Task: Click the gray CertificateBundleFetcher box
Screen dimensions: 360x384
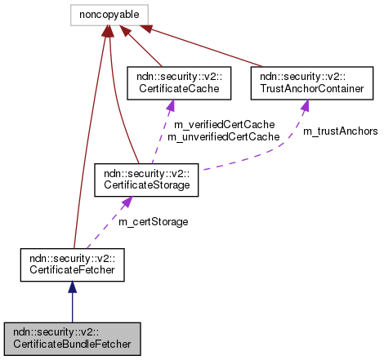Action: [72, 338]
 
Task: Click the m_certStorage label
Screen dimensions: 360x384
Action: [153, 222]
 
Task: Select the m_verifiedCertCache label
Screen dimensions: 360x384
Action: [223, 125]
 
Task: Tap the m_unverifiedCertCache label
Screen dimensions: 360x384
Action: [223, 137]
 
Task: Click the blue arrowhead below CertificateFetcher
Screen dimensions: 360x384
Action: [72, 287]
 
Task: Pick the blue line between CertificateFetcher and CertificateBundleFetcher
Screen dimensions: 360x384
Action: [72, 309]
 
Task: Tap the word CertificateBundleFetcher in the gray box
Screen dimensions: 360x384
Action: [72, 344]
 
